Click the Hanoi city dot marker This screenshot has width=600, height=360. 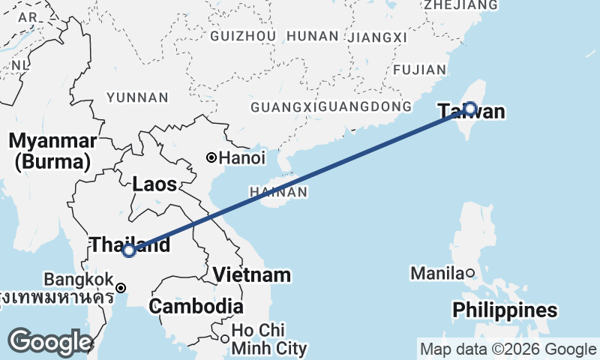tap(212, 157)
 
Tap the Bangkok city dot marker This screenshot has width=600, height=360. tap(121, 287)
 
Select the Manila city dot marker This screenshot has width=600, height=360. tap(469, 273)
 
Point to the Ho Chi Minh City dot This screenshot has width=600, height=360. tap(224, 339)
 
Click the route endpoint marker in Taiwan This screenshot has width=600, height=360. tap(469, 109)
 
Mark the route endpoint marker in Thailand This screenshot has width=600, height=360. tap(129, 250)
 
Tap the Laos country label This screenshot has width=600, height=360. tap(154, 184)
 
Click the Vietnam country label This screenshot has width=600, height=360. tap(252, 274)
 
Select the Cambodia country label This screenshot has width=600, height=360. tap(196, 306)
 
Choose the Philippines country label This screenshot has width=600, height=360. tap(505, 310)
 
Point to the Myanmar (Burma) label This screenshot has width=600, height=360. tap(52, 151)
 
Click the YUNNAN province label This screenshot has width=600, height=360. tap(137, 97)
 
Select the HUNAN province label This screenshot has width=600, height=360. tap(313, 36)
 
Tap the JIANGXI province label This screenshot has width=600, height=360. tap(378, 37)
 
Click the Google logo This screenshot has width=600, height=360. tap(50, 342)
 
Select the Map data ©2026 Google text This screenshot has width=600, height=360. tap(508, 349)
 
